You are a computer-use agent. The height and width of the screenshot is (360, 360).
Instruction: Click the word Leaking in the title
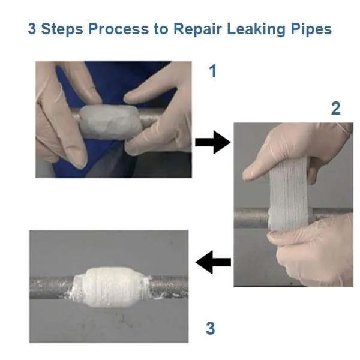(x=256, y=29)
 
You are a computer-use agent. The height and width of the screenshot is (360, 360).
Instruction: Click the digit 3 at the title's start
(x=32, y=29)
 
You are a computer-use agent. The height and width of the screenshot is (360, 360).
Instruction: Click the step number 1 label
(x=212, y=72)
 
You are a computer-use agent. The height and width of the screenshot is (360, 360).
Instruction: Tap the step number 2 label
(x=335, y=109)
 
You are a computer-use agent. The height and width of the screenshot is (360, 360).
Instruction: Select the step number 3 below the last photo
(x=210, y=328)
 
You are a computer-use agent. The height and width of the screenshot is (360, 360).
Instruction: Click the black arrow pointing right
(x=212, y=143)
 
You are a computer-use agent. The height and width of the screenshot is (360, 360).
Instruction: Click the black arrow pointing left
(x=214, y=262)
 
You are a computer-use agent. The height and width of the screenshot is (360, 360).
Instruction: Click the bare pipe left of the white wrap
(x=51, y=286)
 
